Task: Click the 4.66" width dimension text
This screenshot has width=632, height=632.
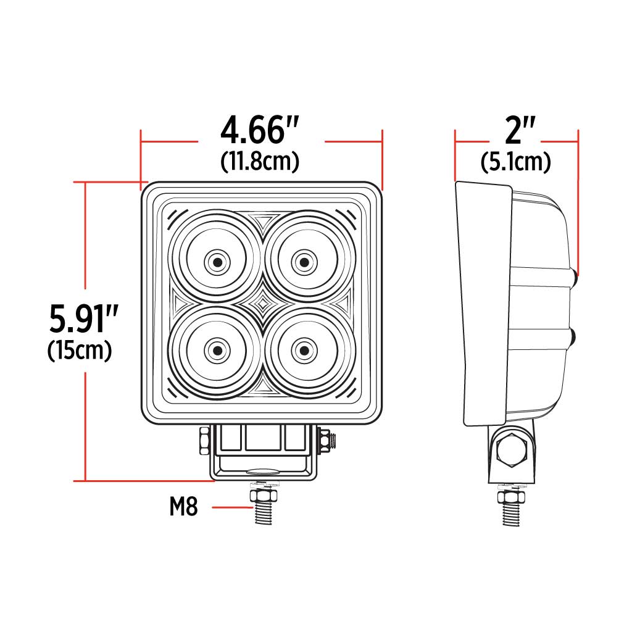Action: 260,131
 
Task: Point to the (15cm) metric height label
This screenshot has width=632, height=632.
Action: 80,351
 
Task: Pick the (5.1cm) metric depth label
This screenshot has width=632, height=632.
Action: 515,162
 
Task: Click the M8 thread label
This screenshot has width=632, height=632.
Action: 183,507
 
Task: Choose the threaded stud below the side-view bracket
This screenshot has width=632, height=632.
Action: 512,511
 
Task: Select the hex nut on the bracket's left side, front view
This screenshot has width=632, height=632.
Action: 204,442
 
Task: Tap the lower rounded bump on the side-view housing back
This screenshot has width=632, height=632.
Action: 575,337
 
